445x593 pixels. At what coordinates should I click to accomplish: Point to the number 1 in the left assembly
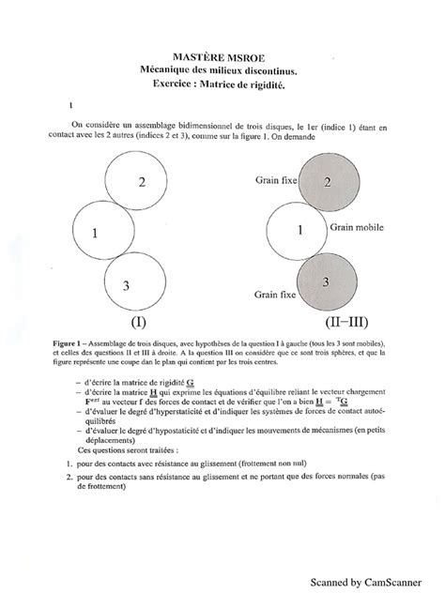(x=97, y=235)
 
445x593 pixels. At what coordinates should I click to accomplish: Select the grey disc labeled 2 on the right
(x=326, y=182)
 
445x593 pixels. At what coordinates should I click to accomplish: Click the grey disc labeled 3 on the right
(x=326, y=281)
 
